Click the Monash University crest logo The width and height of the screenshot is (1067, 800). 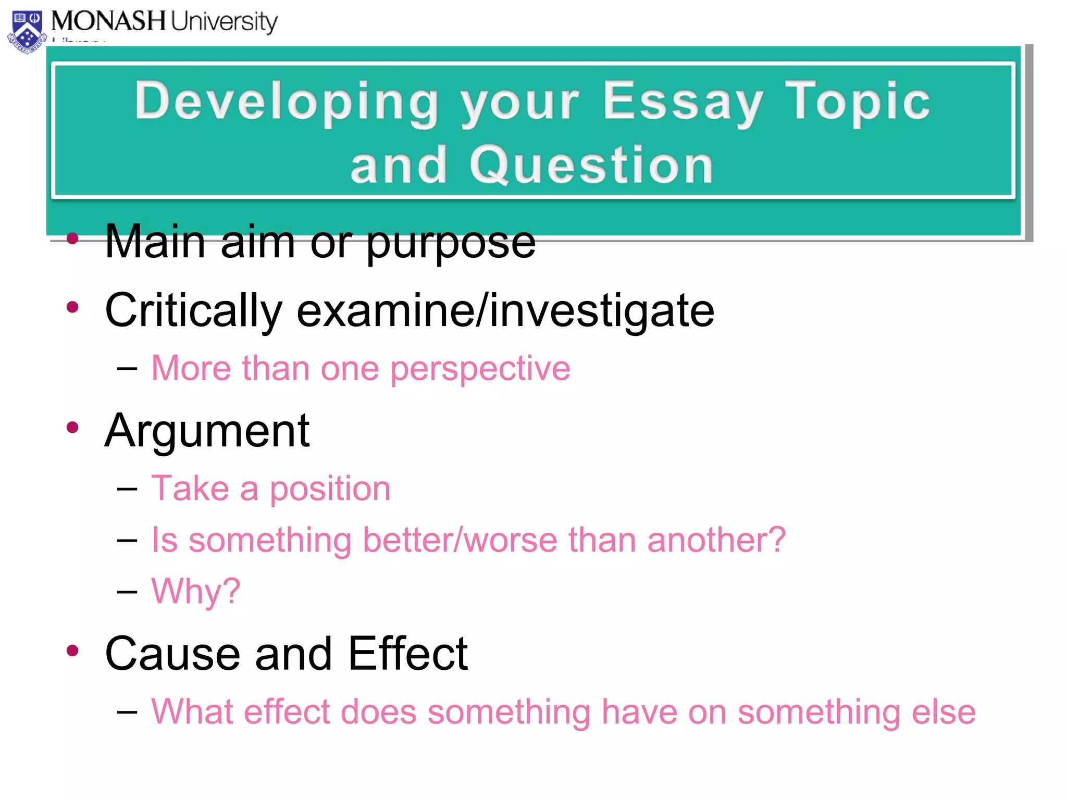[x=27, y=32]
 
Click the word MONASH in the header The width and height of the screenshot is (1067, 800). [x=108, y=21]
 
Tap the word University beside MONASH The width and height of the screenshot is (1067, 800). [x=224, y=22]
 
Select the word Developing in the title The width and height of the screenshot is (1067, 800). [x=287, y=102]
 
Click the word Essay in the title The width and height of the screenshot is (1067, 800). [x=683, y=102]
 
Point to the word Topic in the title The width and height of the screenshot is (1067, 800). [x=857, y=102]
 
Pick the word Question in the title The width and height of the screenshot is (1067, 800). [x=591, y=166]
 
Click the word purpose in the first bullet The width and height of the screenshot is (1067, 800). [x=451, y=242]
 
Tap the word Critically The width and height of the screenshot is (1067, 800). [x=193, y=311]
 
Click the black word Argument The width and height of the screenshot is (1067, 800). [x=207, y=431]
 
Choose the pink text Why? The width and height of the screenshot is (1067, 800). [x=195, y=592]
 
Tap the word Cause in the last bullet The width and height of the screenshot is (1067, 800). [x=172, y=654]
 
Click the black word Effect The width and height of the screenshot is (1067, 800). [x=408, y=654]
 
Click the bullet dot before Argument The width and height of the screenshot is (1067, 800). [x=72, y=428]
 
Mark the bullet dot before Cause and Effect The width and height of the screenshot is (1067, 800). [x=72, y=651]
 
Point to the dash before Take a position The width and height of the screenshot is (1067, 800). [x=127, y=489]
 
